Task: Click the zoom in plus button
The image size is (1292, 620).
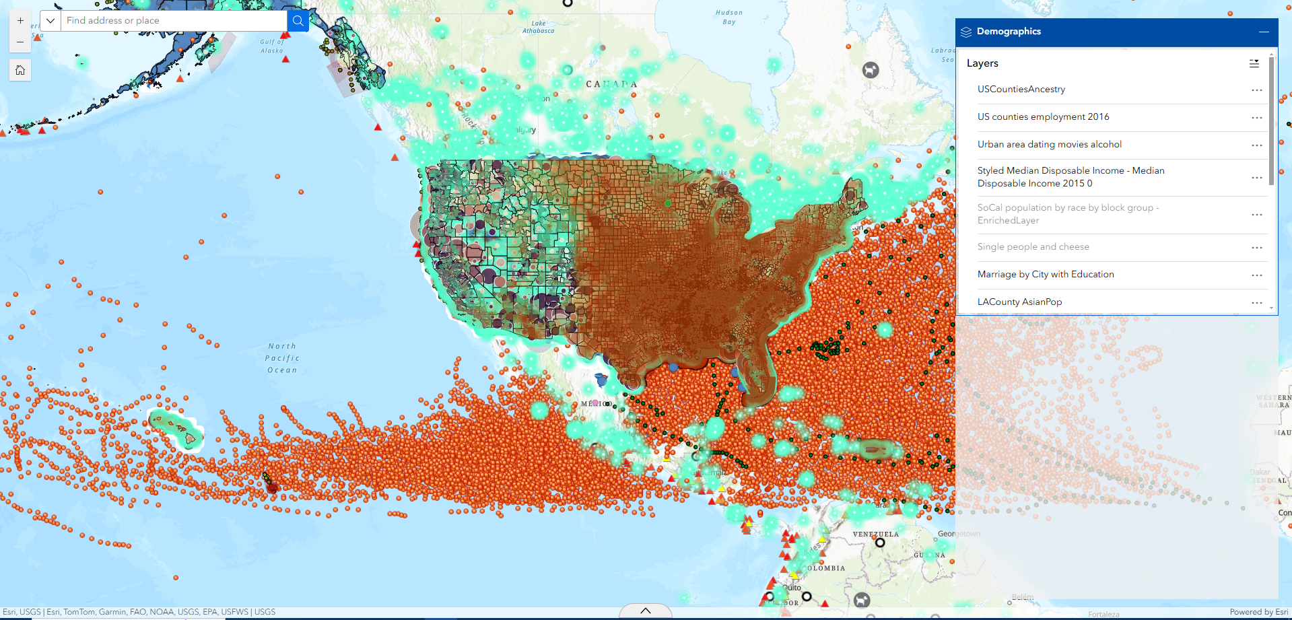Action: point(20,21)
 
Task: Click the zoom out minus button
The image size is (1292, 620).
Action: point(20,42)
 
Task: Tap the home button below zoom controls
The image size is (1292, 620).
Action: point(20,70)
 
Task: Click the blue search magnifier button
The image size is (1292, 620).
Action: point(298,21)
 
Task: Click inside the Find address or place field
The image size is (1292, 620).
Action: point(174,21)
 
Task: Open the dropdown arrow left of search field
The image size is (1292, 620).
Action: point(50,21)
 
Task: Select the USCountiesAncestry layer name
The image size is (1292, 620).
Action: point(1021,90)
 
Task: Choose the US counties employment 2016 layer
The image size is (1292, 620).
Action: point(1043,117)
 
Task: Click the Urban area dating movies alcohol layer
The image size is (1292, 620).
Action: point(1049,145)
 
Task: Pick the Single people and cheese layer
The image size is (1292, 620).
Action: point(1033,247)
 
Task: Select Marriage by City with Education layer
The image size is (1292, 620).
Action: point(1045,275)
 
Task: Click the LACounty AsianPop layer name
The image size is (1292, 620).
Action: point(1019,302)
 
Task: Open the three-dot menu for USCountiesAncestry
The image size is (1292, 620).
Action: point(1256,90)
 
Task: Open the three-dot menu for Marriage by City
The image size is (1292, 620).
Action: point(1256,275)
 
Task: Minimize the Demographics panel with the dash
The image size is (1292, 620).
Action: point(1264,32)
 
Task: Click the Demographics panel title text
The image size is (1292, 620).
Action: point(1009,32)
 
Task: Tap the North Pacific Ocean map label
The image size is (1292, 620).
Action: point(282,358)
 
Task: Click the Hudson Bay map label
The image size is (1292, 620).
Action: point(729,17)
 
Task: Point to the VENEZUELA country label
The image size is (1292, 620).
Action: point(875,535)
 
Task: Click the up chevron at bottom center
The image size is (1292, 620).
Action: point(645,611)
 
